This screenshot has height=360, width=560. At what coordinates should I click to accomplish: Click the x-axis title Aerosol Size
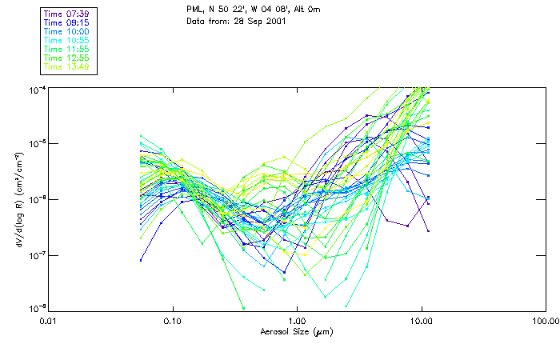pos(296,331)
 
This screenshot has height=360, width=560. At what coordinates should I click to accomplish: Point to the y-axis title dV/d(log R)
pos(14,198)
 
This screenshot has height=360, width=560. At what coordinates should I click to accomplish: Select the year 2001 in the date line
pos(273,21)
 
